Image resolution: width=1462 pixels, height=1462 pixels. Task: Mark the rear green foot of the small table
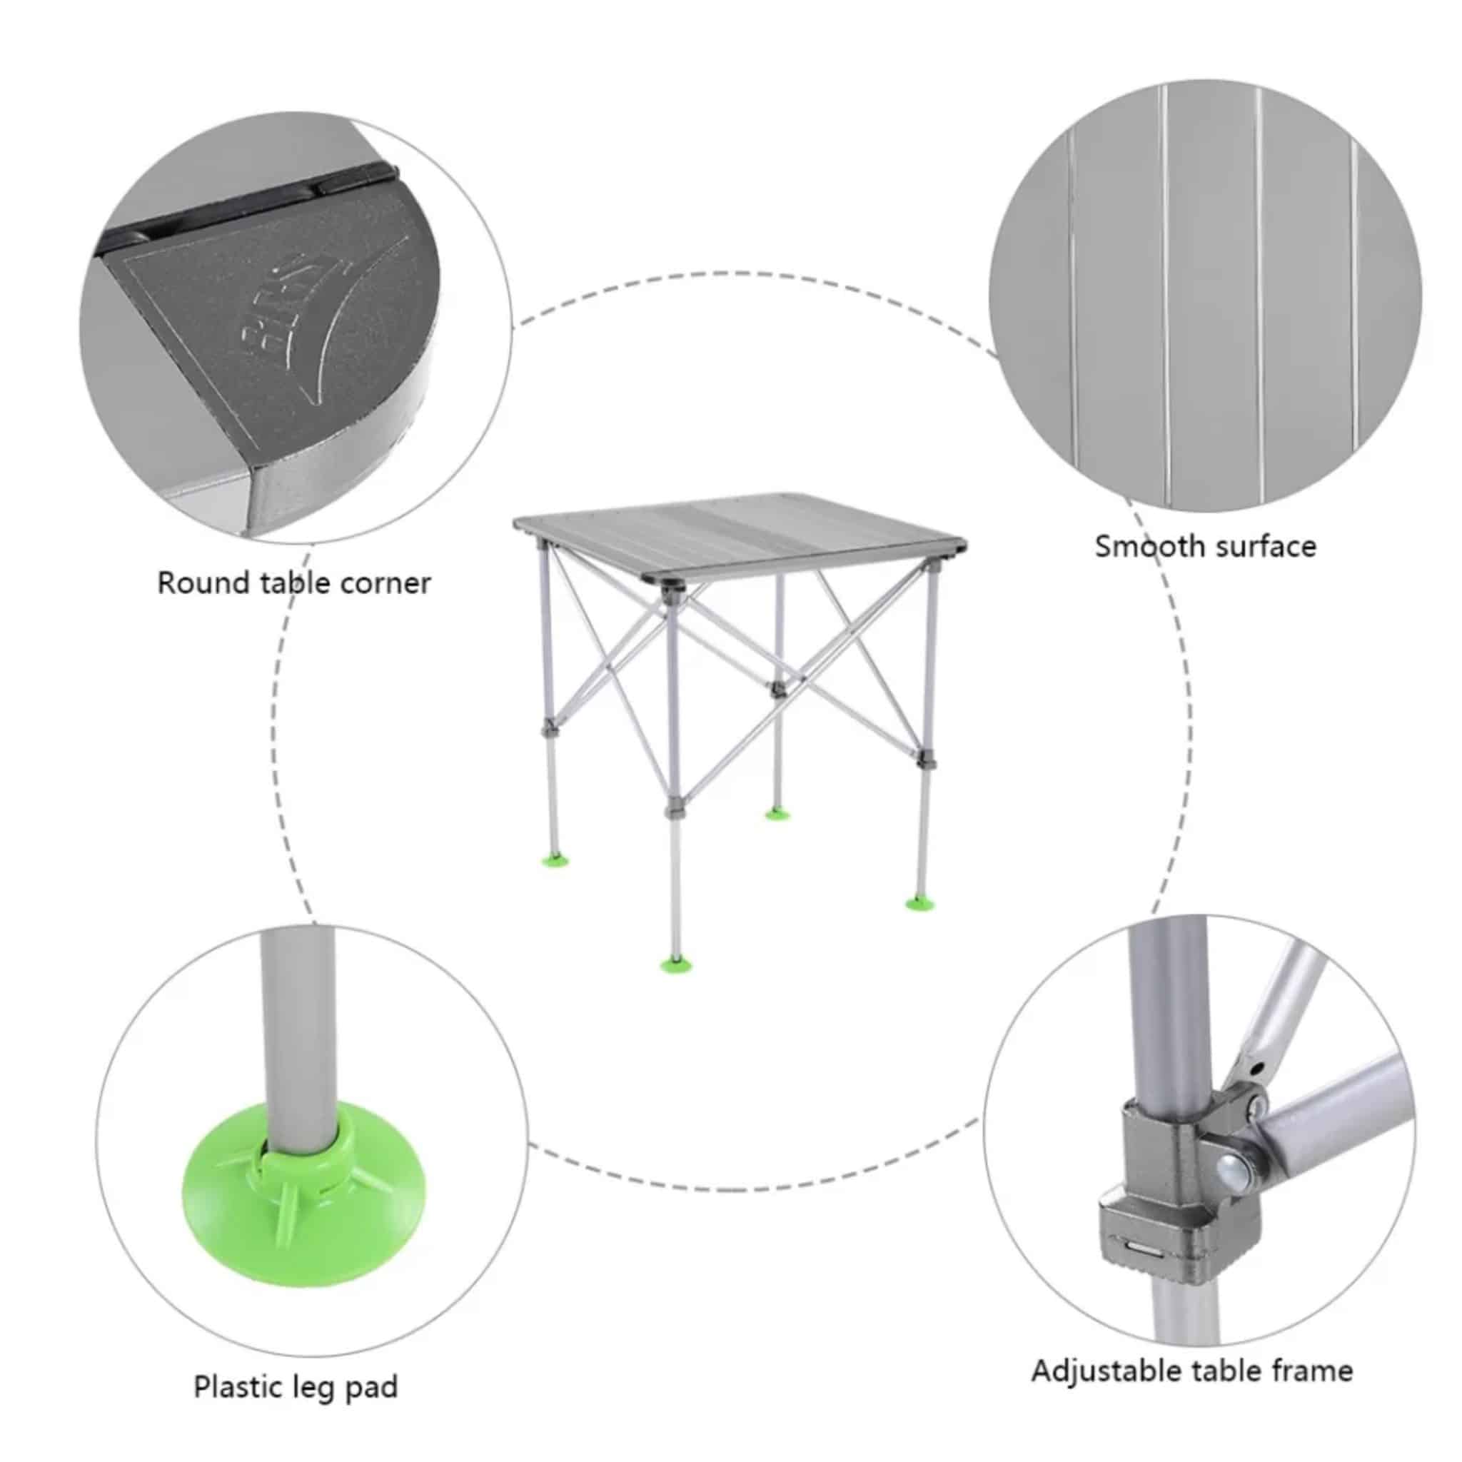[x=777, y=814]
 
